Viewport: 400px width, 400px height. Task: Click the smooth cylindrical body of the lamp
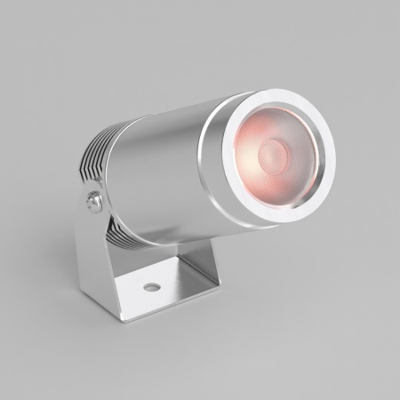pos(160,169)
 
